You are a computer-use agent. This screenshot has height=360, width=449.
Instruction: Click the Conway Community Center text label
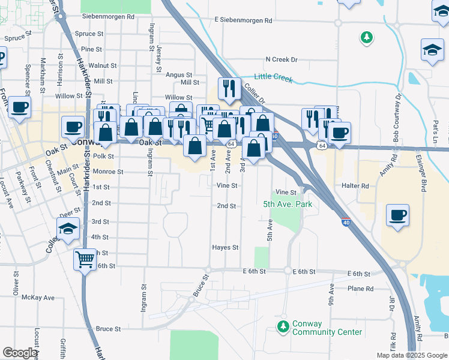tap(327, 328)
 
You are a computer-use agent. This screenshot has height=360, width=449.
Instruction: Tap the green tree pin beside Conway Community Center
tap(283, 327)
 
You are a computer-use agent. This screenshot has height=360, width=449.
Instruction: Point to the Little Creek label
tap(273, 77)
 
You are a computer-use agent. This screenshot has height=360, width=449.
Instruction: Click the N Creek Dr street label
tap(282, 59)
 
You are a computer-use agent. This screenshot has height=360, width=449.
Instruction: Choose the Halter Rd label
tap(355, 186)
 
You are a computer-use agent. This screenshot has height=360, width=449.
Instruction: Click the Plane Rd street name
tap(360, 289)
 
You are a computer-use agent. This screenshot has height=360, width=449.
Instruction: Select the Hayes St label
tap(225, 247)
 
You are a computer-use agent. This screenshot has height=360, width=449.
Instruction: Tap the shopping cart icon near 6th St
tap(85, 260)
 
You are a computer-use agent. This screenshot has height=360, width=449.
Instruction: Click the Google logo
tap(19, 353)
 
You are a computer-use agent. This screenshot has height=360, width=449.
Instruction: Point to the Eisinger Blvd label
tap(423, 174)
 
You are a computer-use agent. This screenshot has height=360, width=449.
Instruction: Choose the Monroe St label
tap(108, 172)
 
